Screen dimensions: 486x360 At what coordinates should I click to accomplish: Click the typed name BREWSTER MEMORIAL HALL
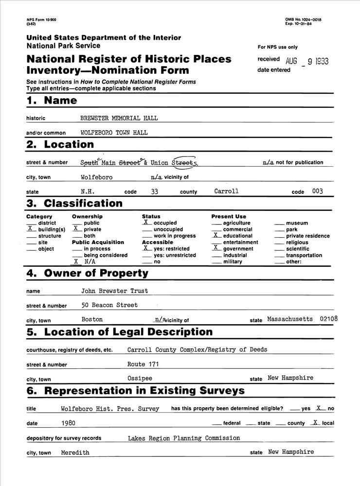tap(119, 118)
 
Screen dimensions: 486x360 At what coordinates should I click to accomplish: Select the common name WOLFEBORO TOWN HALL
tap(114, 132)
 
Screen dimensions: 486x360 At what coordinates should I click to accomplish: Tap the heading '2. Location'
tap(60, 144)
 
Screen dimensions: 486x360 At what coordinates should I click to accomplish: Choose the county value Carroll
tap(226, 191)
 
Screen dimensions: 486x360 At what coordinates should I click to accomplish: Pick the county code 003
tap(317, 191)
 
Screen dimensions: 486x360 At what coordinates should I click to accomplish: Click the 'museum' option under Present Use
tap(297, 223)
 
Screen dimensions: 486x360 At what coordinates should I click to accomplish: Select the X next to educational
tap(216, 235)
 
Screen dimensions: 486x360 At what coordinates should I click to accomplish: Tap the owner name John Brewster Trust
tap(114, 291)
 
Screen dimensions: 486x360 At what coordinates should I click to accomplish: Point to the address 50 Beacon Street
tap(109, 305)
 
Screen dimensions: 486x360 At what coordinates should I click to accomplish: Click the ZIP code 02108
tap(329, 319)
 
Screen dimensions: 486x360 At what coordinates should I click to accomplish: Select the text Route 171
tap(143, 364)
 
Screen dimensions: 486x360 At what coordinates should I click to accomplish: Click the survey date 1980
tap(69, 423)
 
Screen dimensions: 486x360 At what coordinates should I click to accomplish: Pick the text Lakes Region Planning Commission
tap(184, 438)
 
